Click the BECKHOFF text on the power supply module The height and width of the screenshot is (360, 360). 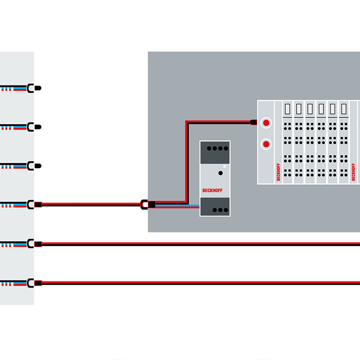click(214, 190)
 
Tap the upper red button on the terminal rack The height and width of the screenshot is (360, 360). click(266, 122)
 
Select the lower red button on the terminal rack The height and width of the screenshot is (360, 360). click(266, 144)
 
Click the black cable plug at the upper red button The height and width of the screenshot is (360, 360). click(253, 122)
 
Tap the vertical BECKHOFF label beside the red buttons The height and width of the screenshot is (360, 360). click(278, 172)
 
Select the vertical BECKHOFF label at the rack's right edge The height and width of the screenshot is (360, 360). click(354, 172)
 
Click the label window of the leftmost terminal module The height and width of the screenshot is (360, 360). click(287, 108)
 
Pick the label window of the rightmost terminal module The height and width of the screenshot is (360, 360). click(343, 108)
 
